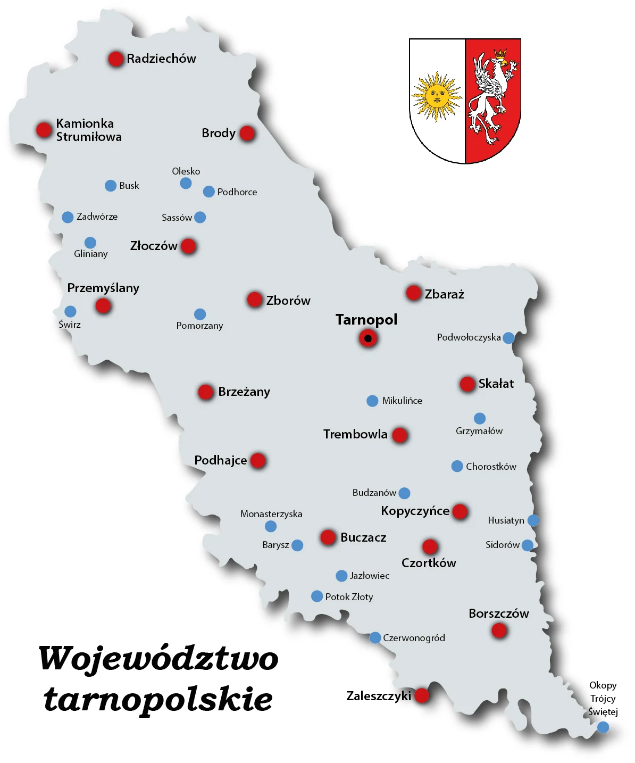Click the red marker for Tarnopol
(367, 338)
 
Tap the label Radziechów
(161, 59)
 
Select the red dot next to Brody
(247, 133)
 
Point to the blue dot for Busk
(111, 186)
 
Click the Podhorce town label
(237, 192)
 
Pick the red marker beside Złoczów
(188, 246)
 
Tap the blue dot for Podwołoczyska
(508, 338)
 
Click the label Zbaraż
(444, 294)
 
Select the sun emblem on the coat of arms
(437, 96)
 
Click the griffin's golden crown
(500, 54)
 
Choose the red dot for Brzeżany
(205, 392)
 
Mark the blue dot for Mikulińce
(372, 401)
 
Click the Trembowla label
(355, 434)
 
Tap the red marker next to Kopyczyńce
(459, 511)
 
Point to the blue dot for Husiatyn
(533, 520)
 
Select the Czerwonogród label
(414, 638)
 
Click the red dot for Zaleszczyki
(422, 695)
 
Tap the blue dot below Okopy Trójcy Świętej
(603, 727)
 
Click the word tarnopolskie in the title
(158, 699)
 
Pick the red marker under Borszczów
(499, 631)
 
